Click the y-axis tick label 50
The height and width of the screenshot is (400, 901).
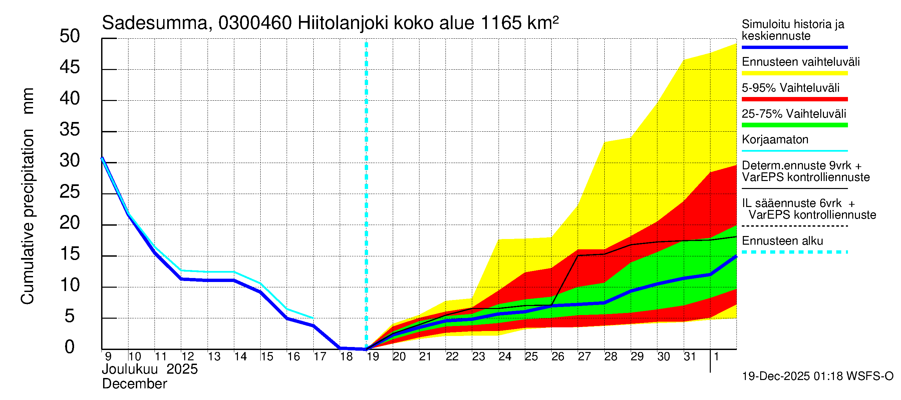click(70, 36)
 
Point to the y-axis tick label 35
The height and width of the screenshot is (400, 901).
click(70, 130)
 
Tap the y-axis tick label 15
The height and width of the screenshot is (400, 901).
click(70, 254)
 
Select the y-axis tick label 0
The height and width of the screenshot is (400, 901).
click(70, 347)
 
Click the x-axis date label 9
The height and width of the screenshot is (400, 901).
click(108, 357)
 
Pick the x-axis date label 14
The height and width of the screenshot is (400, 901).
click(240, 357)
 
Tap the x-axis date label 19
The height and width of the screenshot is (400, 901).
click(373, 357)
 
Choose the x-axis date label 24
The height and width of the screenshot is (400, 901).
click(505, 357)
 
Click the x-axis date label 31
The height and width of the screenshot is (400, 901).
click(690, 357)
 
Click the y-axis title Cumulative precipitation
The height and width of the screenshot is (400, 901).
click(27, 216)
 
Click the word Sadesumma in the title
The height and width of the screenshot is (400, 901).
click(155, 23)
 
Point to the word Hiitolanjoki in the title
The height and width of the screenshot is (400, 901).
click(343, 23)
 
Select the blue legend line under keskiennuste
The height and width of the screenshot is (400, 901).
click(794, 47)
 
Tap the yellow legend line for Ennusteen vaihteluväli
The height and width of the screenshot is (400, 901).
click(794, 73)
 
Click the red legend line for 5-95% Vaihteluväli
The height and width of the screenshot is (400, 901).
click(794, 99)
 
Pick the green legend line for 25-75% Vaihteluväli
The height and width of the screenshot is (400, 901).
click(794, 125)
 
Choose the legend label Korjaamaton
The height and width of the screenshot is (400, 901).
click(775, 140)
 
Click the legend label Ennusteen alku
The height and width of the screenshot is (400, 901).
click(782, 241)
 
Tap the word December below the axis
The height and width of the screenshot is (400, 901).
click(134, 384)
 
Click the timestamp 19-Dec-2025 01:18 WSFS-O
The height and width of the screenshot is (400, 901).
click(817, 376)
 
